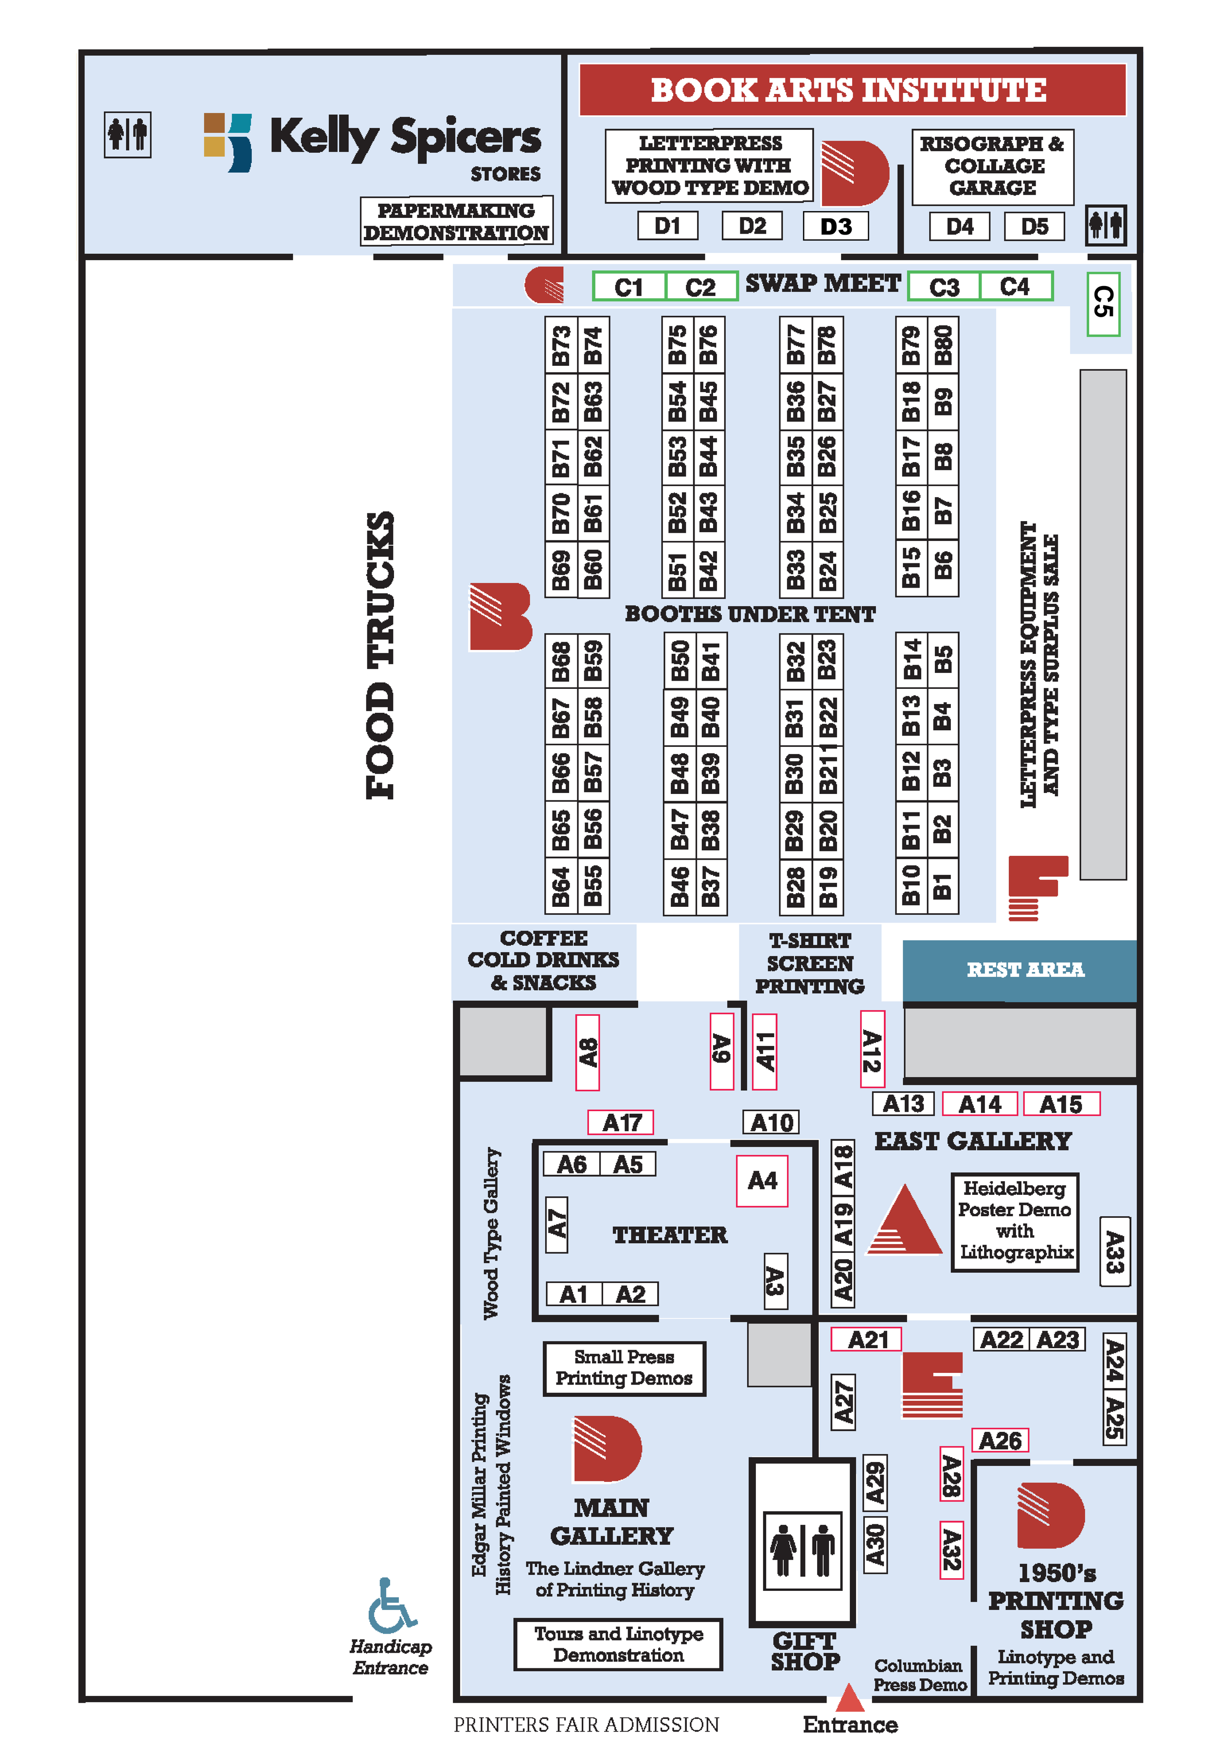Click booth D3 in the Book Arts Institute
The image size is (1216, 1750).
coord(835,226)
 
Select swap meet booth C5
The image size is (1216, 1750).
coord(1103,303)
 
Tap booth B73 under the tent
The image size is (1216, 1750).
coord(561,345)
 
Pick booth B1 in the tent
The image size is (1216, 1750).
coord(943,885)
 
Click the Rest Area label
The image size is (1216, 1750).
coord(1025,969)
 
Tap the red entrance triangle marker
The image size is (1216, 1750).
coord(850,1698)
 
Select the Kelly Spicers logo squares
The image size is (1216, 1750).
coord(227,142)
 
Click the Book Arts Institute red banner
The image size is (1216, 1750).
coord(852,90)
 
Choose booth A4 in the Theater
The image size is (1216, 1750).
coord(762,1180)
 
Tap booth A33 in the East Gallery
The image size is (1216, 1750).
coord(1114,1252)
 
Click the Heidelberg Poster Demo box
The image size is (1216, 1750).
coord(1015,1221)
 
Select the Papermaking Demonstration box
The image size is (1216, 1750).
coord(456,221)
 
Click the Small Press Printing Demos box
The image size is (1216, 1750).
coord(624,1368)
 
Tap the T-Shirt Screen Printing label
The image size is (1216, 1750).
coord(809,963)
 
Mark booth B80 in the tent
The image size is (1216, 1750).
coord(943,345)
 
